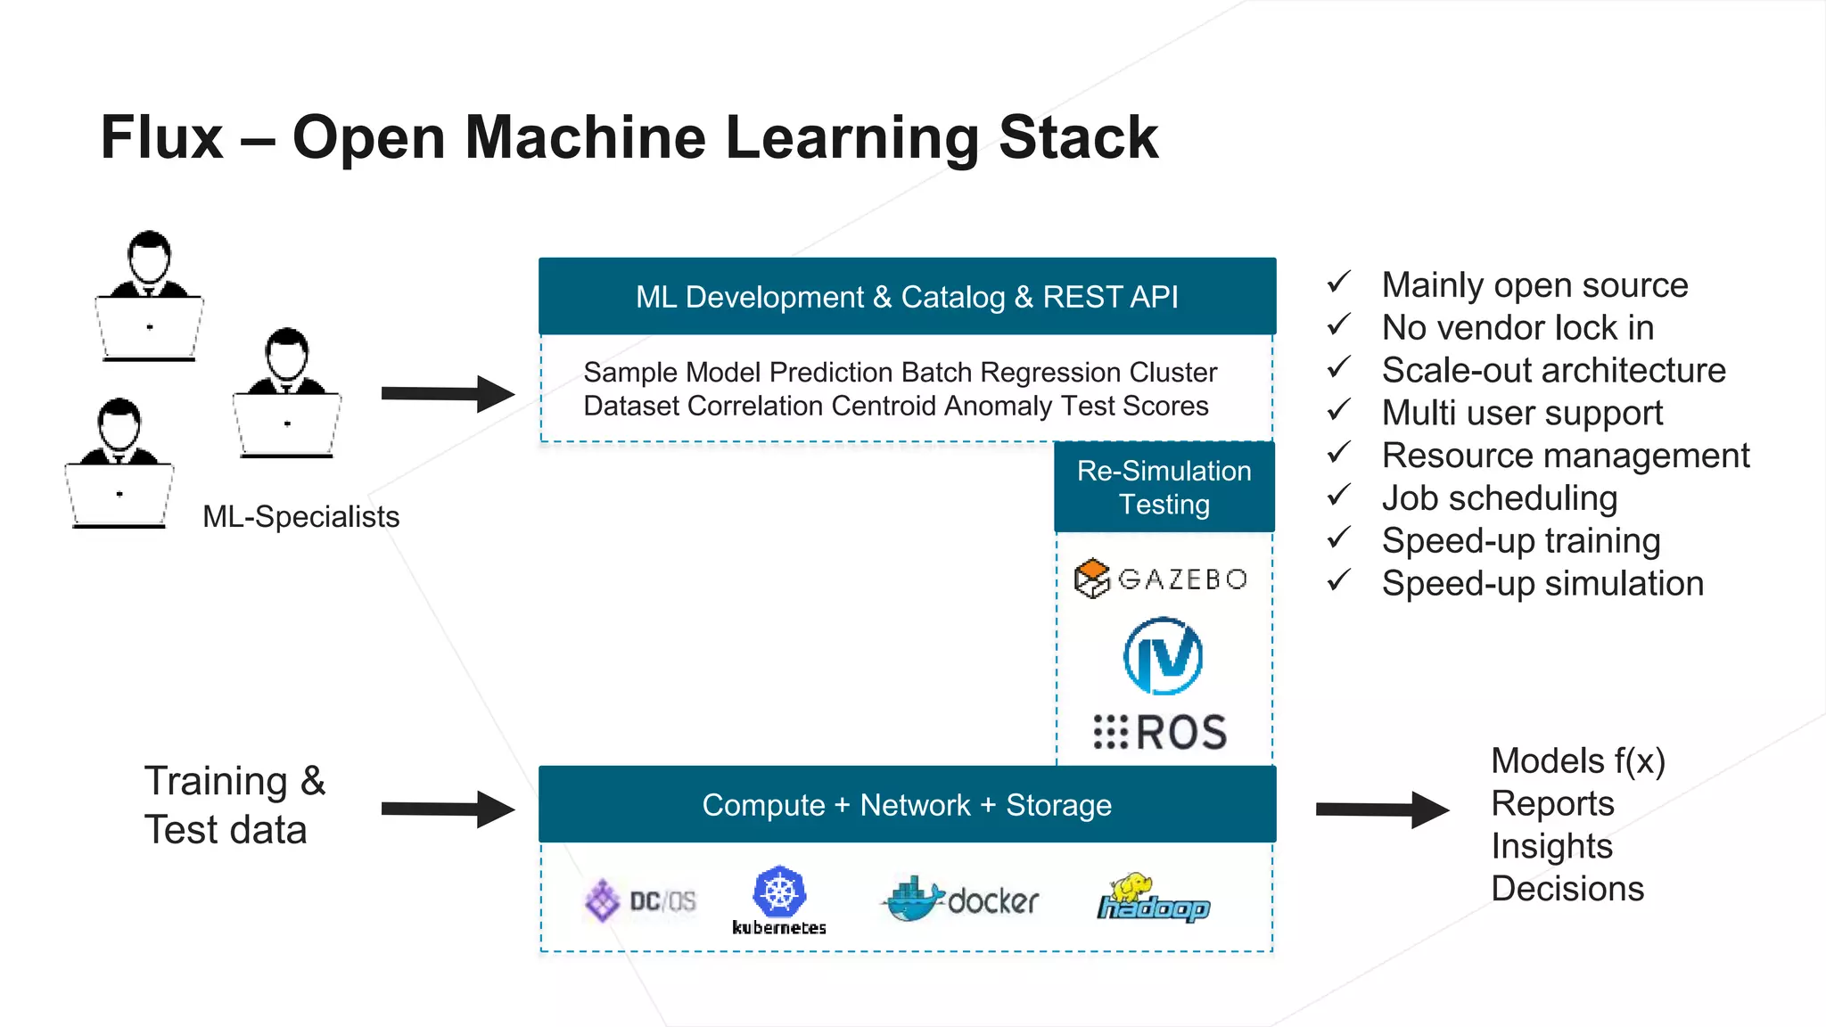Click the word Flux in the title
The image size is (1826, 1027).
(x=161, y=138)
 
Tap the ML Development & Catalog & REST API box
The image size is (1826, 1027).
(x=907, y=297)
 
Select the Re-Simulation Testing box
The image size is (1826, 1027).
(x=1164, y=488)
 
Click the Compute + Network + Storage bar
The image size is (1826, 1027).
(x=907, y=805)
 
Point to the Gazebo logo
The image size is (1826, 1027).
(x=1161, y=579)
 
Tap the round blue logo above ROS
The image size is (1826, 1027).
(x=1163, y=657)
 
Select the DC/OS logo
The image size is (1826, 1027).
(x=640, y=900)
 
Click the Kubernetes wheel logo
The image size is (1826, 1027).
(x=779, y=892)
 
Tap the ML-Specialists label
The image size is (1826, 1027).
(x=300, y=517)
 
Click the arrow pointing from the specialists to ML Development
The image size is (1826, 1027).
(x=448, y=394)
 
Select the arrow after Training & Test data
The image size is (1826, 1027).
(x=448, y=809)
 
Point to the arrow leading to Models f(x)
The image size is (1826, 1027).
(x=1382, y=809)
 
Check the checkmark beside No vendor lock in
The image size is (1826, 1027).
(x=1338, y=325)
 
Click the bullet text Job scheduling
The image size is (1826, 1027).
(x=1499, y=498)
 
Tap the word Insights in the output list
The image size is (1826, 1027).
(x=1551, y=846)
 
